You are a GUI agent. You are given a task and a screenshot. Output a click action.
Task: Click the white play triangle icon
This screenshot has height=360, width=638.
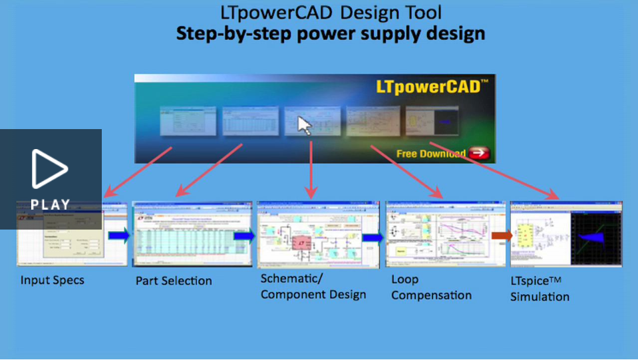[x=50, y=169]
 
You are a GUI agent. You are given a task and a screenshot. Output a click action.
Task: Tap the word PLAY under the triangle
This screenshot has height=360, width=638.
[x=51, y=204]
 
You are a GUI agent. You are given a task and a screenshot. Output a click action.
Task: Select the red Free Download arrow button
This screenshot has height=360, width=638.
[x=478, y=153]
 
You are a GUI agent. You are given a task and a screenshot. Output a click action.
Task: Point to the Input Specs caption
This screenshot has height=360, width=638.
[x=53, y=280]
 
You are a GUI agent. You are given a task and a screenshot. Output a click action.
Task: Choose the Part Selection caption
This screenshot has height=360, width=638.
[x=174, y=281]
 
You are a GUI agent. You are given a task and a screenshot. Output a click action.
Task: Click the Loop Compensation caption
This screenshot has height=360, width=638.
[x=431, y=287]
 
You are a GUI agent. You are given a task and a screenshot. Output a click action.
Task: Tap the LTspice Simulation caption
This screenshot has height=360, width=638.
[x=540, y=289]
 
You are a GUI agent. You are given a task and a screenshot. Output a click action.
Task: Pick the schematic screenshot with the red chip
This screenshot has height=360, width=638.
[x=309, y=234]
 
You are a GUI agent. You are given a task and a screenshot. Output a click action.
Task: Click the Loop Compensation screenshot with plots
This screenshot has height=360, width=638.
[x=437, y=234]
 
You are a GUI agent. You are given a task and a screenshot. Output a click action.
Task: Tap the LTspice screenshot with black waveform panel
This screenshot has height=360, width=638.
[x=566, y=234]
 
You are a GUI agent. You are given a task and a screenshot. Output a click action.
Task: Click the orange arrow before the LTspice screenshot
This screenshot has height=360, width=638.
[x=502, y=235]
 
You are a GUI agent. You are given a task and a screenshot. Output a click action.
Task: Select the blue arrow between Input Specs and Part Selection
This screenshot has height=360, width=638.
[x=119, y=235]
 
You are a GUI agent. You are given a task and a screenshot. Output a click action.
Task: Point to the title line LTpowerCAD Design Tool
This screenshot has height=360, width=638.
[x=331, y=12]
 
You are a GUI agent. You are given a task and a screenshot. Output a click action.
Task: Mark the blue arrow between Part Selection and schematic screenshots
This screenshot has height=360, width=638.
[x=245, y=236]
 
